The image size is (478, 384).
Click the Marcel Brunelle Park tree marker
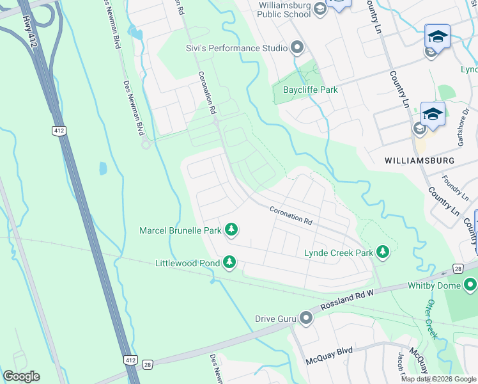click(231, 229)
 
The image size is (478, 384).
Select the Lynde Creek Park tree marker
click(383, 252)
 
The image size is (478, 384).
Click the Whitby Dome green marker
click(470, 284)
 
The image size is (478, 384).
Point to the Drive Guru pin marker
click(306, 317)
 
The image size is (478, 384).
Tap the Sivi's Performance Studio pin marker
click(297, 47)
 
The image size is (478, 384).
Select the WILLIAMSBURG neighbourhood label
click(420, 160)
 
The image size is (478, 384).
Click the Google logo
click(21, 376)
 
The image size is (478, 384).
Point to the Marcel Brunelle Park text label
click(180, 230)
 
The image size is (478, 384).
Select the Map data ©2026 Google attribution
click(438, 379)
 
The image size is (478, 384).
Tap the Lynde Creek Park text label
click(338, 253)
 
